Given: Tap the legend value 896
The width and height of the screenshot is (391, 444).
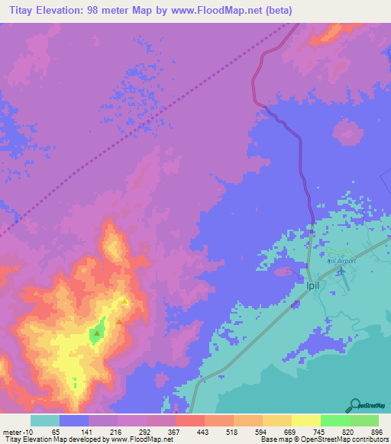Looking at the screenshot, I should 376,431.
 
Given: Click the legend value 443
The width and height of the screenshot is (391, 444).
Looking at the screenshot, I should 203,431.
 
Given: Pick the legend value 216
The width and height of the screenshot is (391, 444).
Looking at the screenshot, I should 116,431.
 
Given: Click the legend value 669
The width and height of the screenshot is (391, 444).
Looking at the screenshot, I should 289,431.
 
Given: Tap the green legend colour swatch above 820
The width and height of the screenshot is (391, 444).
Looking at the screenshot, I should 334,420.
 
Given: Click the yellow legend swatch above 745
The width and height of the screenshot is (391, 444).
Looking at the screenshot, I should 305,420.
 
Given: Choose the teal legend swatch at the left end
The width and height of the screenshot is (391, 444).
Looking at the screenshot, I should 45,420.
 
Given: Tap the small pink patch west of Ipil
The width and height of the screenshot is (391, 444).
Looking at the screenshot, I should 283,271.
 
